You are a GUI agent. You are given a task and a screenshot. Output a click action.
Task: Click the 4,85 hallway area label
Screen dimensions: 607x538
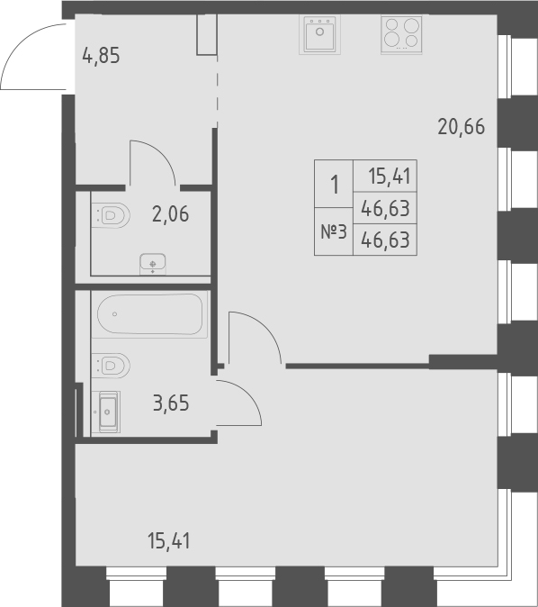point(101,56)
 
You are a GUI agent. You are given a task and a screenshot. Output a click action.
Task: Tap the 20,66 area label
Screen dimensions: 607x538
point(461,127)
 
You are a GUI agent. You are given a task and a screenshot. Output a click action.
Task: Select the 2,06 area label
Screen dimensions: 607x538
point(170,214)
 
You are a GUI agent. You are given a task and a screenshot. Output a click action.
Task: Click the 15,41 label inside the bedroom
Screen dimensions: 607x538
point(169,541)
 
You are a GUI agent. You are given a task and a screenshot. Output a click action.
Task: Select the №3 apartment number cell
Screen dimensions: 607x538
point(334,232)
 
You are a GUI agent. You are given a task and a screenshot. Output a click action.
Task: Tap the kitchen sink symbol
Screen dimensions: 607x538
point(320,35)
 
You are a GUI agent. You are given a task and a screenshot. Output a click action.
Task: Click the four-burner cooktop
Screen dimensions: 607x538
point(401,35)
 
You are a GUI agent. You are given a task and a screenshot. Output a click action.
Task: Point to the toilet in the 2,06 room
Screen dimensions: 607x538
point(111,215)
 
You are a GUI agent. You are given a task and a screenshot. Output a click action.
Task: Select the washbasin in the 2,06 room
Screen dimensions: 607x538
point(154,263)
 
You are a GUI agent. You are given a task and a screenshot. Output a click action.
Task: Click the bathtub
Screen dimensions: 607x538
point(150,314)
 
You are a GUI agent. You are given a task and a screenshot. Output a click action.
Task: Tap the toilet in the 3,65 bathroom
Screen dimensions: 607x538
point(111,364)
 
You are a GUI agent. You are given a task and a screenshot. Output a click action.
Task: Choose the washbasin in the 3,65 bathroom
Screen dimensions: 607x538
point(107,412)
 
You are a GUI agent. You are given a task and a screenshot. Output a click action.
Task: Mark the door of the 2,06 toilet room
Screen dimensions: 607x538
point(153,162)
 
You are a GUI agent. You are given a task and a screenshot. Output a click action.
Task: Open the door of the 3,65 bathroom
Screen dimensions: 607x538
point(240,402)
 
